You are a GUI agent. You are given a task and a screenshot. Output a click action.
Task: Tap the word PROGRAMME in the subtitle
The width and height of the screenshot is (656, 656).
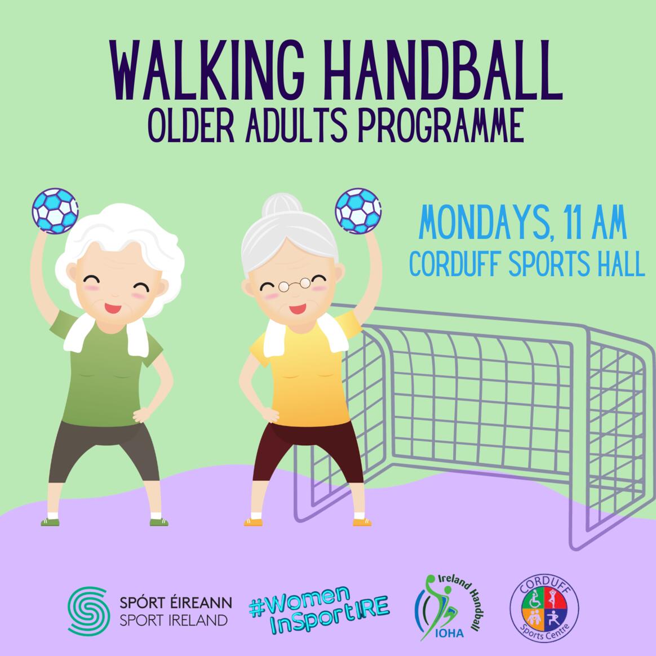coord(441,125)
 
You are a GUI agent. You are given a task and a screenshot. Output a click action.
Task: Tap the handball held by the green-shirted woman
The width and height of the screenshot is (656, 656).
coord(55,211)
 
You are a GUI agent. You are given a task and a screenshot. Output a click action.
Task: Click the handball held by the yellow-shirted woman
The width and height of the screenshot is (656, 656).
coord(358,211)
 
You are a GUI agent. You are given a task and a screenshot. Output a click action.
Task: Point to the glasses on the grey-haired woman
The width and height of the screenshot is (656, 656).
coord(295,285)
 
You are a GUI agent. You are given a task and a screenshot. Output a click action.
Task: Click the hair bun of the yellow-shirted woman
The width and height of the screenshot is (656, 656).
coord(282,205)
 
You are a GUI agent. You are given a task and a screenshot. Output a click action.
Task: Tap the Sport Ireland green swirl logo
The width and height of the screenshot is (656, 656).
coord(88,611)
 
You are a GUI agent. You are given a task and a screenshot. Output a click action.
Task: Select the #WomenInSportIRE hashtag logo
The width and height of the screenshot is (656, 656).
coord(319,610)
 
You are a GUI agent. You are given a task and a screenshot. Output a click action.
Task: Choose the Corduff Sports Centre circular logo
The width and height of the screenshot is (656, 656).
coord(544,608)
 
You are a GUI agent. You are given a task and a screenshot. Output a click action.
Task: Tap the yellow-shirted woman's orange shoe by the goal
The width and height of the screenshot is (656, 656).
coord(362,522)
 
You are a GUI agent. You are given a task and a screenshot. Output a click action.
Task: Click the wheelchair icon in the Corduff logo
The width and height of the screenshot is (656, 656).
coord(534,600)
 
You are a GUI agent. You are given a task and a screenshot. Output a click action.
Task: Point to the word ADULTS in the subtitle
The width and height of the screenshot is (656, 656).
coord(296,125)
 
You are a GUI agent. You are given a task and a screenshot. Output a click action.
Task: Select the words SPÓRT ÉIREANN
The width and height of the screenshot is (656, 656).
coord(176,603)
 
